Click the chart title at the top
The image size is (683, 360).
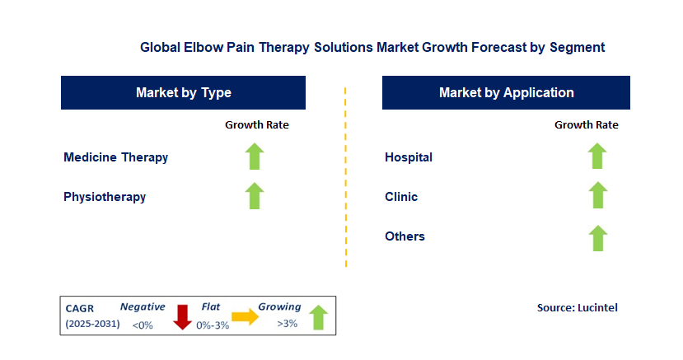coord(372,48)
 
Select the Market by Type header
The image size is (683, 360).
coord(183,93)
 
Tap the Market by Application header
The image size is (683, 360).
coord(506,93)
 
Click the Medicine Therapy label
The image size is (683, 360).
coord(116,157)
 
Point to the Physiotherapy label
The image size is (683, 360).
coord(105,197)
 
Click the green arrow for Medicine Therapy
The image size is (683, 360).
coord(255,157)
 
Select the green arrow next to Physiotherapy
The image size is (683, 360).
coord(255,196)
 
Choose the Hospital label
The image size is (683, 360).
coord(409,157)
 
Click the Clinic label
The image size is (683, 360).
coord(401,197)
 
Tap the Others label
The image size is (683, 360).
coord(405,236)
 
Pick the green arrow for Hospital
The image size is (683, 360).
coord(597,157)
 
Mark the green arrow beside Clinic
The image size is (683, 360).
coord(597,196)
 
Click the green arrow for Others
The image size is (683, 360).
coord(597,238)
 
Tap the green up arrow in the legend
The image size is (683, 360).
coord(318,317)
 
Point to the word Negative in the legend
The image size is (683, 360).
coord(143,307)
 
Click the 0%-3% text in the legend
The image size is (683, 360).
coord(213,325)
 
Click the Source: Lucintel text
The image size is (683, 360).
coord(577,307)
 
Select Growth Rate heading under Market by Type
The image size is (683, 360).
coord(256,125)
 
